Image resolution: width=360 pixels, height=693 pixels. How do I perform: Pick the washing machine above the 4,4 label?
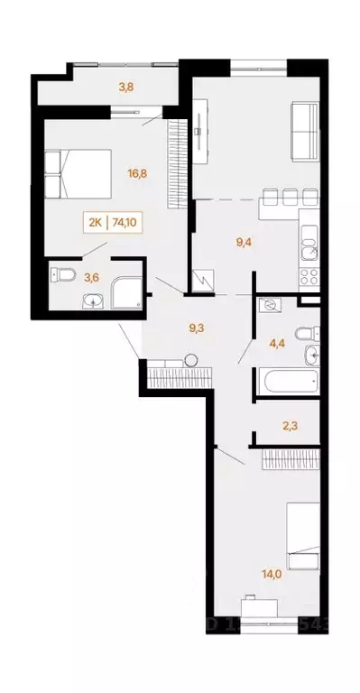268,306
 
